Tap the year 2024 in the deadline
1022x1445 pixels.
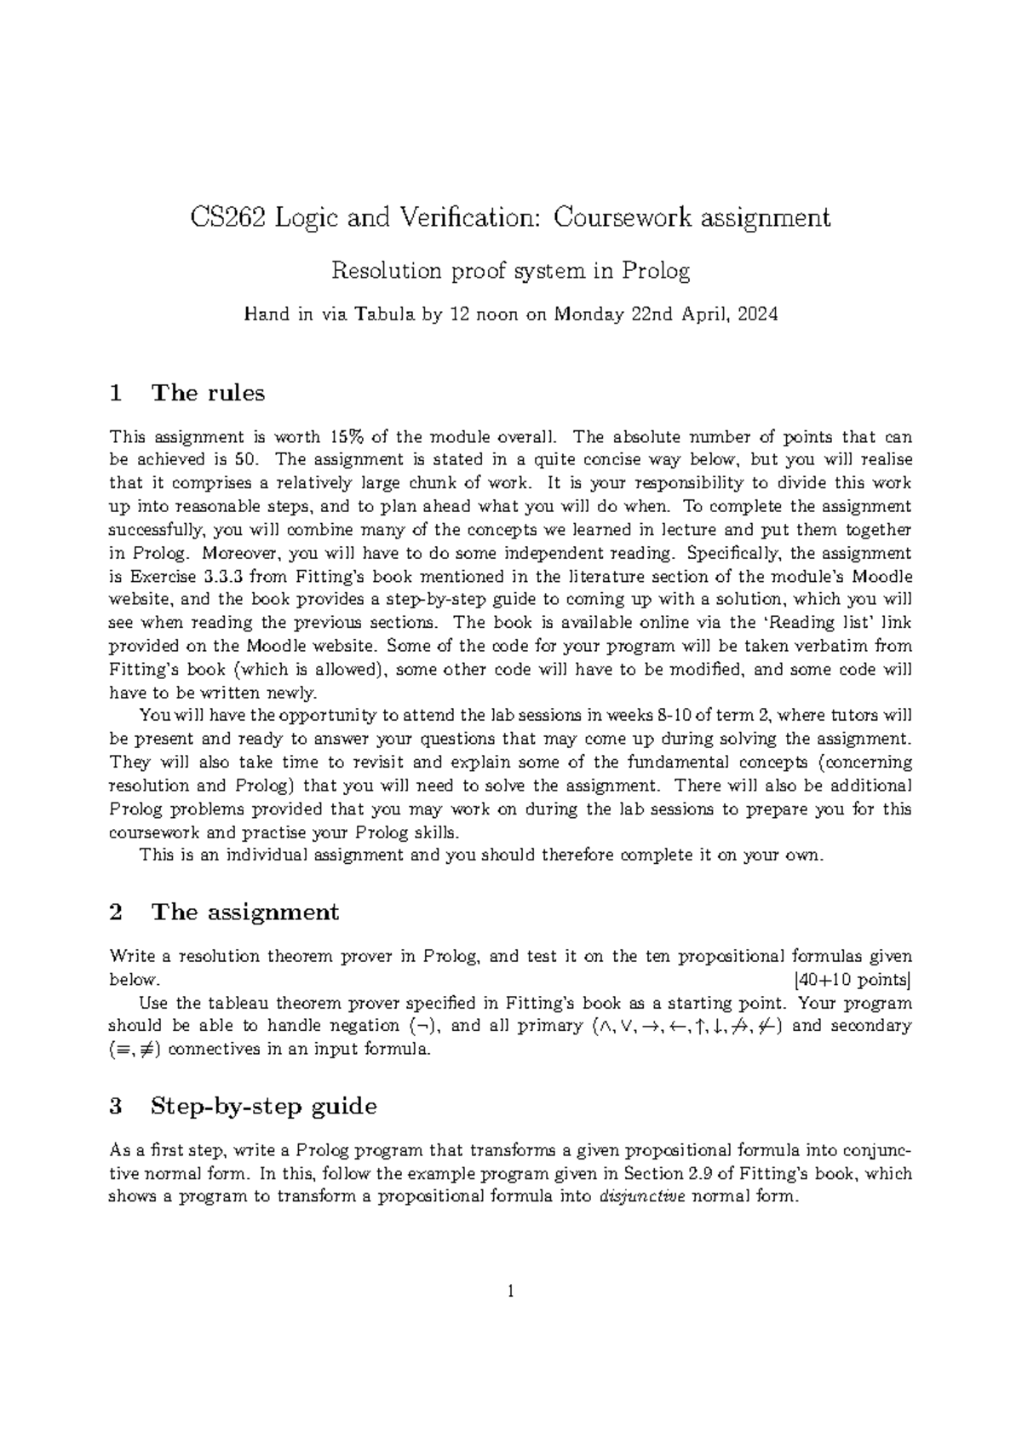[x=757, y=314]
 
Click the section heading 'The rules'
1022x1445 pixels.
[x=207, y=393]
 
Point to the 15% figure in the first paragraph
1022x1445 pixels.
[x=343, y=438]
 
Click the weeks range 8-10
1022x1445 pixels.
[x=671, y=716]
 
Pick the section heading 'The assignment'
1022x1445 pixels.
[x=244, y=912]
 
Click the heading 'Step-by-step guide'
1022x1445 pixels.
[x=263, y=1107]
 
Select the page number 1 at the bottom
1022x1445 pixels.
[x=511, y=1292]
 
